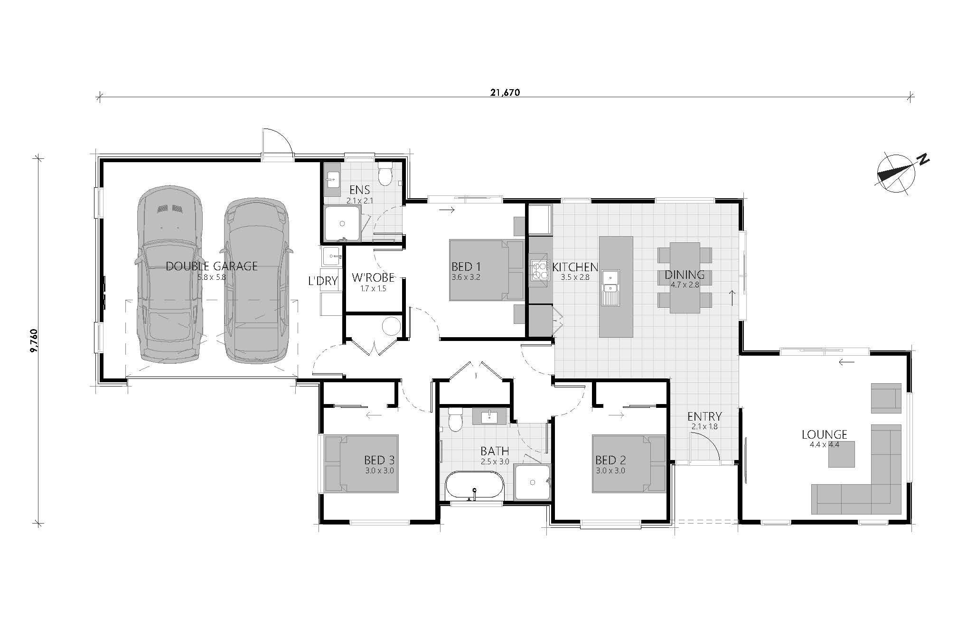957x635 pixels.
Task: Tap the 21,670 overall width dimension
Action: [x=505, y=92]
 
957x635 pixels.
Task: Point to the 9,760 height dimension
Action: [x=34, y=341]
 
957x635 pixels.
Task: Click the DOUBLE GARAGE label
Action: [x=212, y=266]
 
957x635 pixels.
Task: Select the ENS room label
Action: [x=359, y=190]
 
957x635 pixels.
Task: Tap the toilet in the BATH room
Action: [x=455, y=419]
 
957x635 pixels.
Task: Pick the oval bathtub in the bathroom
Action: [x=474, y=485]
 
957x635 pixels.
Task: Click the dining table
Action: [x=685, y=278]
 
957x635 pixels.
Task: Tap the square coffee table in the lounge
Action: [x=842, y=454]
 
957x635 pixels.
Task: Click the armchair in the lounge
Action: [x=886, y=398]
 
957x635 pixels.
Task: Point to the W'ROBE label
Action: [x=373, y=277]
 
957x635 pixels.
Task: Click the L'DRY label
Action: [x=323, y=281]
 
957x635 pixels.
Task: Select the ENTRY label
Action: [x=704, y=416]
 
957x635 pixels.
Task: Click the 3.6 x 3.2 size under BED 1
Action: [x=466, y=277]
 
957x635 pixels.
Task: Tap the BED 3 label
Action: [x=379, y=460]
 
